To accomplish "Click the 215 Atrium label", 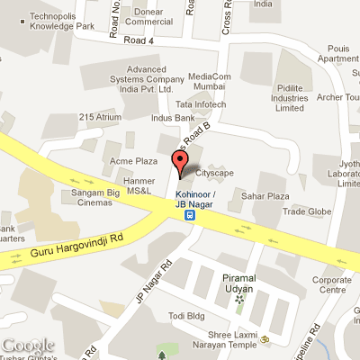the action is click(100, 117).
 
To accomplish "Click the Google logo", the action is click(31, 345).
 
